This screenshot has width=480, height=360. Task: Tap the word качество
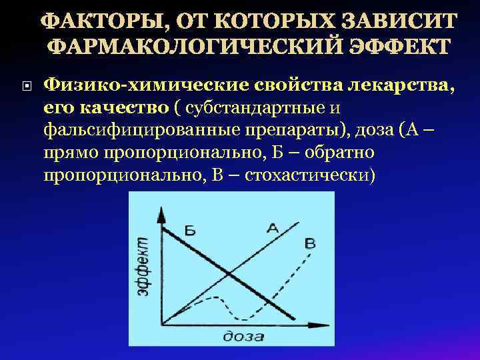coord(126,107)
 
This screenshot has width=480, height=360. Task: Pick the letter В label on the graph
coord(309,243)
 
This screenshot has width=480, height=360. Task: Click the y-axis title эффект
coord(143,267)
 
